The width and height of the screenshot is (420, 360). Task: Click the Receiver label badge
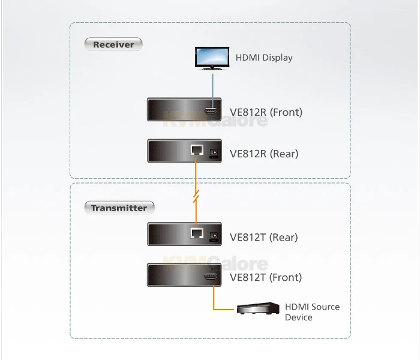pos(113,44)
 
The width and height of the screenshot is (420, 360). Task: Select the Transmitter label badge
pos(119,208)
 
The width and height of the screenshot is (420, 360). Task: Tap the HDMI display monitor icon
pos(211,58)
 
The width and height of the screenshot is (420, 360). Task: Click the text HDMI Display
pos(264,58)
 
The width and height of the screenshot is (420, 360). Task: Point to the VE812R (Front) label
pos(266,112)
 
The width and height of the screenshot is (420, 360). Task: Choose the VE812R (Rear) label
pos(264,154)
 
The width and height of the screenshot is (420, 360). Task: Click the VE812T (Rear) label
pos(264,237)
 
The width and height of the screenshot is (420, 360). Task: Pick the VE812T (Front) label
pos(266,277)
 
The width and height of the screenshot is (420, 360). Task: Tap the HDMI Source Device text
pos(312,312)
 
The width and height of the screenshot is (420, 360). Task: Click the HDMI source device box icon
pos(258,309)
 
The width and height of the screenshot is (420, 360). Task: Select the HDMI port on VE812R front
pos(211,111)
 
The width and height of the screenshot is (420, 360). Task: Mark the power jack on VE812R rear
pos(213,153)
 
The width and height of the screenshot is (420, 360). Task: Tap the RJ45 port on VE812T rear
pos(195,234)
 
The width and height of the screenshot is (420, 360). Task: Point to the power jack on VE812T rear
pos(213,236)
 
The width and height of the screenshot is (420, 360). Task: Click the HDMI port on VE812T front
pos(211,277)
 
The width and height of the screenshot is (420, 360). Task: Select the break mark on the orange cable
pos(195,195)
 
